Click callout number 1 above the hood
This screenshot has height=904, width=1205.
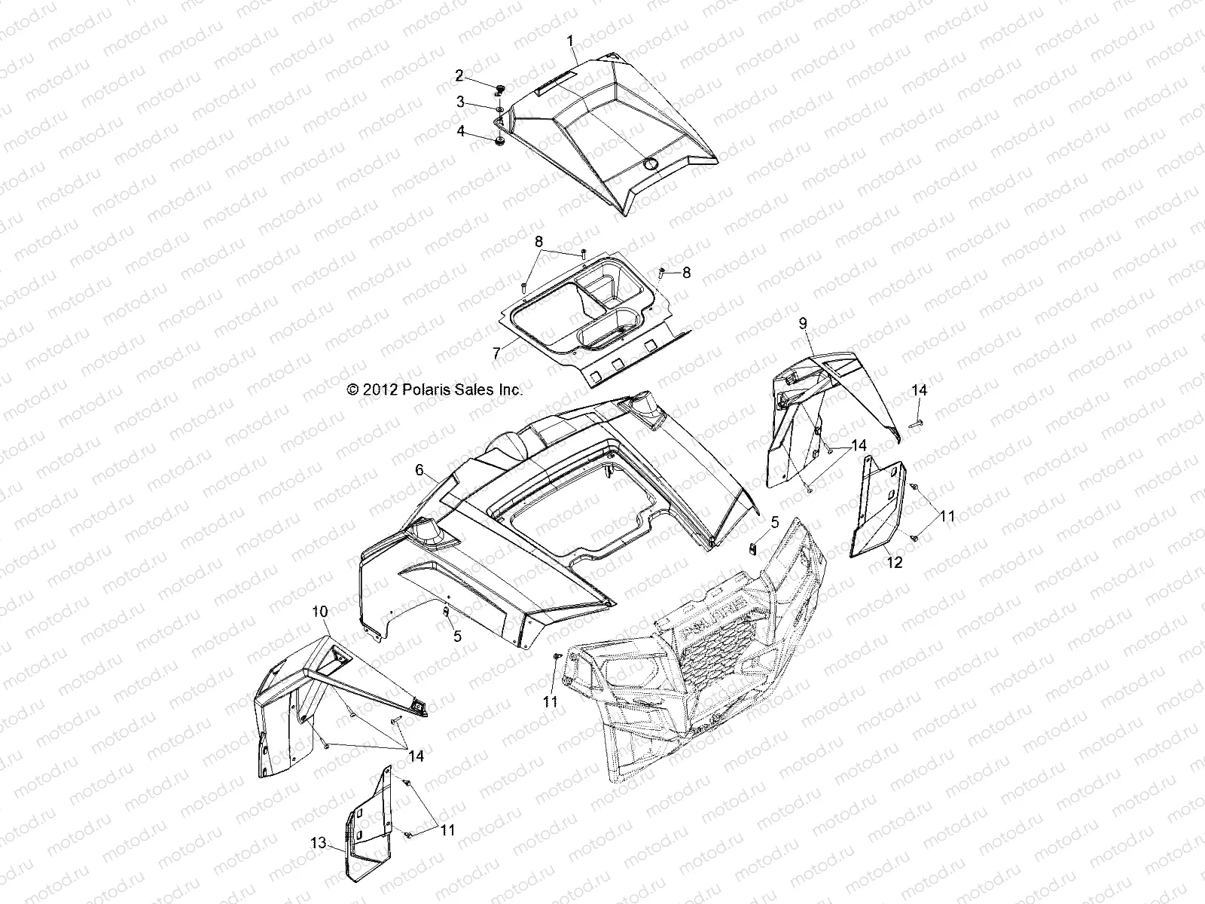(x=570, y=39)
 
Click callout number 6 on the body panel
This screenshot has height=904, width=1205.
(x=418, y=469)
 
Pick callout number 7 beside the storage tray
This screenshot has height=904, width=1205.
(x=496, y=353)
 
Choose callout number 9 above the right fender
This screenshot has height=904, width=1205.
(x=803, y=322)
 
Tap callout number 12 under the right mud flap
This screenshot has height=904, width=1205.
(x=894, y=562)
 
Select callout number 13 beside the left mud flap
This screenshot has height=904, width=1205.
(x=319, y=843)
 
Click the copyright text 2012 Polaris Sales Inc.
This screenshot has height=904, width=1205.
(x=434, y=389)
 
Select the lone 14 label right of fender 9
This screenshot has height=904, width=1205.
(x=920, y=390)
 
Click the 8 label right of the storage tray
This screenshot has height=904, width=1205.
(x=686, y=273)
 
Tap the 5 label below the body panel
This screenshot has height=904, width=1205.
(x=457, y=636)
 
